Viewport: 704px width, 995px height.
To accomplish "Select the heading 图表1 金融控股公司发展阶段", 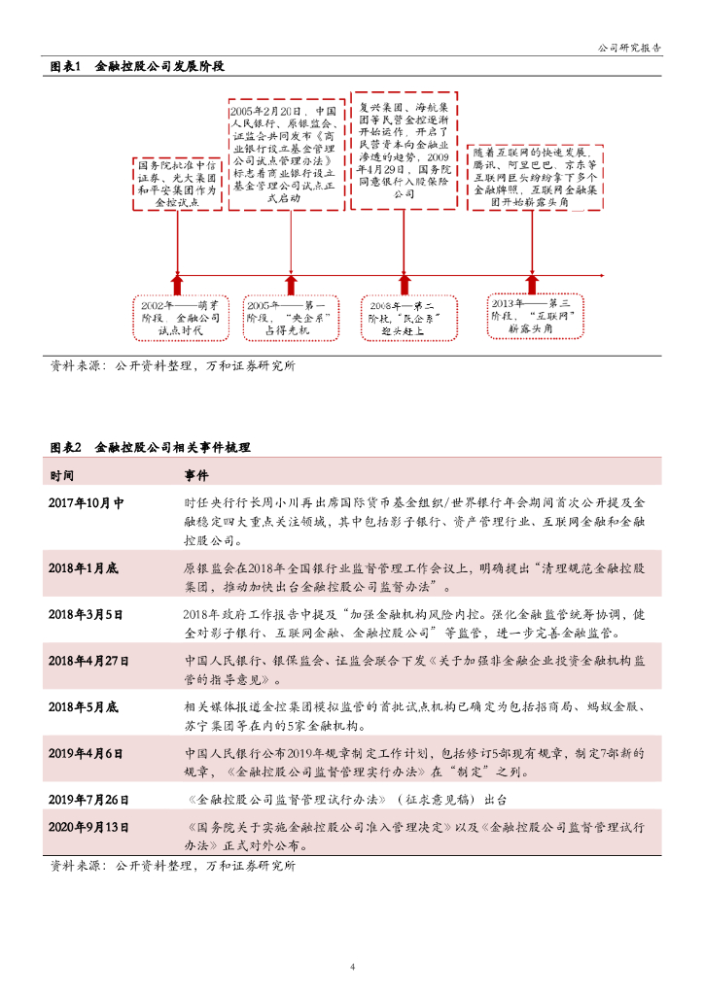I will pyautogui.click(x=137, y=67).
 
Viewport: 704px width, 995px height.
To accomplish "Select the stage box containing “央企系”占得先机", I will pyautogui.click(x=291, y=317).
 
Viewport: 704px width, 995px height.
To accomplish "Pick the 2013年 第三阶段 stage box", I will pyautogui.click(x=536, y=316).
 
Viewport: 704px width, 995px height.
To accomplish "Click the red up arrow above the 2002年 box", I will pyautogui.click(x=177, y=283).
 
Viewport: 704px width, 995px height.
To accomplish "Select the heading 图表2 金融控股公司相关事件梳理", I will pyautogui.click(x=150, y=448).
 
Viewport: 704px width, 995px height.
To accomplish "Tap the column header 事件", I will pyautogui.click(x=195, y=475).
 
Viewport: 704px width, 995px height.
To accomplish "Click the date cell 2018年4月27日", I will pyautogui.click(x=88, y=661).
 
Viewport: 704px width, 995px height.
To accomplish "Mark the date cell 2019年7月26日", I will pyautogui.click(x=88, y=799).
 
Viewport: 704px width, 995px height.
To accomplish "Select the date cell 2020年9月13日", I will pyautogui.click(x=88, y=827).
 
